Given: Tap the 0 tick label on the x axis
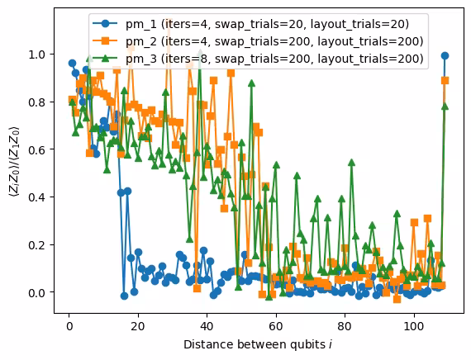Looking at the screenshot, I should point(69,326).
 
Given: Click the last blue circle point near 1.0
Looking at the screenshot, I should point(445,55).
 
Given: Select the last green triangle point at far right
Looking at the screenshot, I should point(445,106).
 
